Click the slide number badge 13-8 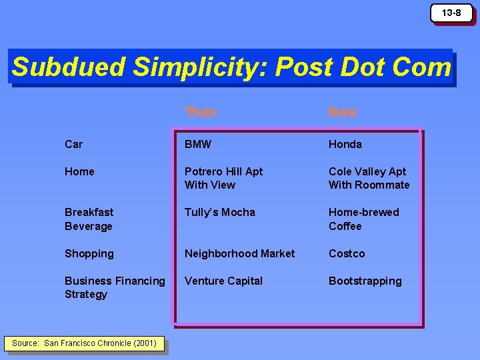pos(451,13)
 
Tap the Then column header pos(201,112)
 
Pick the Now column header pos(343,112)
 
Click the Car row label pos(74,144)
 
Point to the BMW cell pos(199,144)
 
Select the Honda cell pos(345,144)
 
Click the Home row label pos(79,171)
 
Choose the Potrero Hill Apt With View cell pos(223,178)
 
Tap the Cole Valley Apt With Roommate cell pos(369,178)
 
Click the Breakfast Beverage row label pos(89,219)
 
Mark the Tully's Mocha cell pos(220,212)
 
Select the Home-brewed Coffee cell pos(363,219)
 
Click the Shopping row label pos(89,253)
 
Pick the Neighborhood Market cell pos(239,253)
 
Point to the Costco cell pos(347,253)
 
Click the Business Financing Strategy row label pos(115,287)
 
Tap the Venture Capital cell pos(223,281)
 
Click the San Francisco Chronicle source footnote pos(84,343)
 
